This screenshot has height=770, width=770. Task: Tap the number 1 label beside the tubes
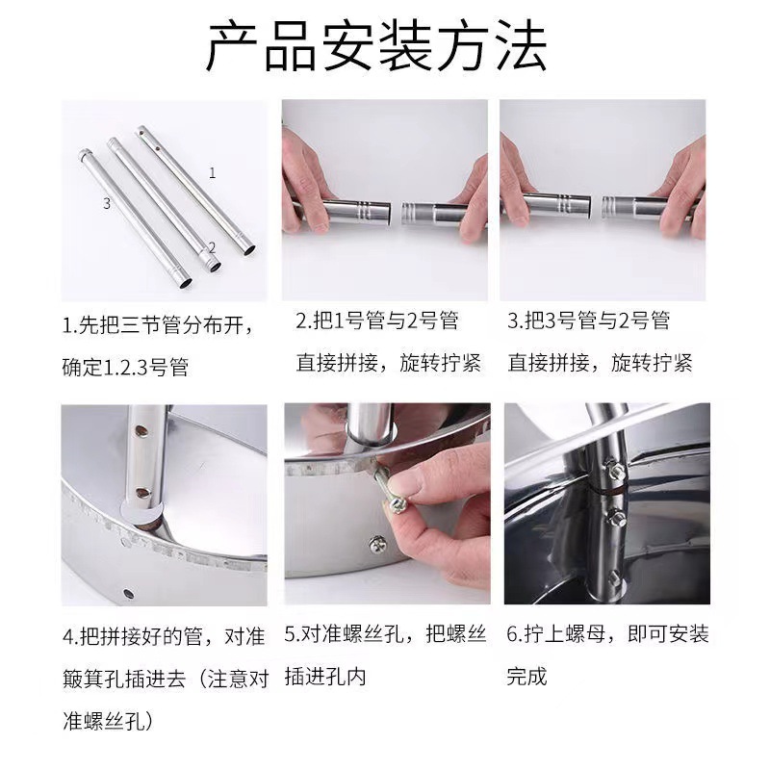click(x=212, y=173)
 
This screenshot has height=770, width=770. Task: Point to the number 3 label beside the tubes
click(x=107, y=203)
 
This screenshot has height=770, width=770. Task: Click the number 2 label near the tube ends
click(x=212, y=247)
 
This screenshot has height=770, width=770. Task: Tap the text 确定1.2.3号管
click(x=126, y=367)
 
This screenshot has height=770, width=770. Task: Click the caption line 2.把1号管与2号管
click(x=376, y=321)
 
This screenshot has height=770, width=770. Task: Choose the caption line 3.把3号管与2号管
click(x=588, y=321)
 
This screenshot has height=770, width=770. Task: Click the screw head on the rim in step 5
click(x=378, y=544)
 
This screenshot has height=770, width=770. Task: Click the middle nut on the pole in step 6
click(x=617, y=518)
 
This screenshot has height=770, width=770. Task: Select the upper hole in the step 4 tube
click(x=142, y=431)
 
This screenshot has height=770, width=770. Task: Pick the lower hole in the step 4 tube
click(x=142, y=492)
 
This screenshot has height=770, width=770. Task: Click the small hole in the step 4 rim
click(x=129, y=594)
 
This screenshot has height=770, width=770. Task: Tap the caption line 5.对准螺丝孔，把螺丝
click(x=386, y=634)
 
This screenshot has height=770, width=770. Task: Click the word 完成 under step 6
click(x=526, y=677)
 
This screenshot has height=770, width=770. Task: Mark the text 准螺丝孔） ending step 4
click(x=108, y=721)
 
